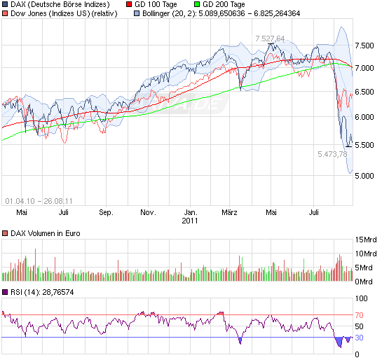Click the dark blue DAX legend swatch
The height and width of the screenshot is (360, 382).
[6, 4]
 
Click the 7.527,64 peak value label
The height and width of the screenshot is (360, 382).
[270, 38]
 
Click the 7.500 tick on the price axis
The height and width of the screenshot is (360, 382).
[364, 45]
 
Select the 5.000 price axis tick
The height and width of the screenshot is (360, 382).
[364, 176]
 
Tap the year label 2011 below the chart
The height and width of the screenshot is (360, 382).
[191, 221]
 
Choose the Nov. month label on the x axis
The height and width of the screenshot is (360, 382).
[147, 212]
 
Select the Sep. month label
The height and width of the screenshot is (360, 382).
[106, 212]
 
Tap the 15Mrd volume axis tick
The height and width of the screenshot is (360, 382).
[367, 240]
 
